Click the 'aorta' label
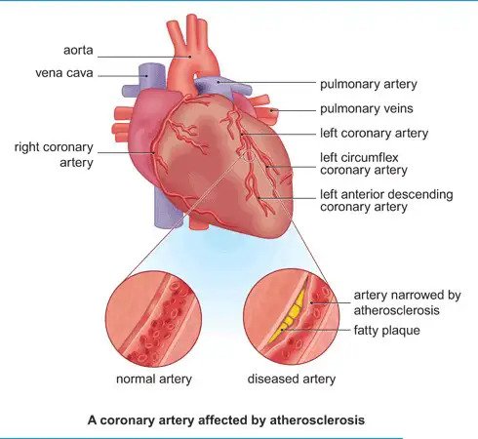point(78,50)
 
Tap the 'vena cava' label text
point(64,73)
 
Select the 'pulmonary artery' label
point(369,84)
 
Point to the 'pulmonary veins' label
point(367,108)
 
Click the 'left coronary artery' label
point(374,134)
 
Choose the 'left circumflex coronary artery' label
point(364,164)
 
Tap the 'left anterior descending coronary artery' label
point(386,201)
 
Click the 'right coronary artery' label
point(54,155)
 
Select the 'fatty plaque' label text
point(386,331)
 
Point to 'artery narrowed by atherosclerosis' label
point(407,302)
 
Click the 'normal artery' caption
point(154,379)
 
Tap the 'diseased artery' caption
point(292,379)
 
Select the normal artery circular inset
point(153,319)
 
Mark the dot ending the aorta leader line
point(189,57)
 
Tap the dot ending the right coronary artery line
point(153,152)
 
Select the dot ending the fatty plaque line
point(283,330)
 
